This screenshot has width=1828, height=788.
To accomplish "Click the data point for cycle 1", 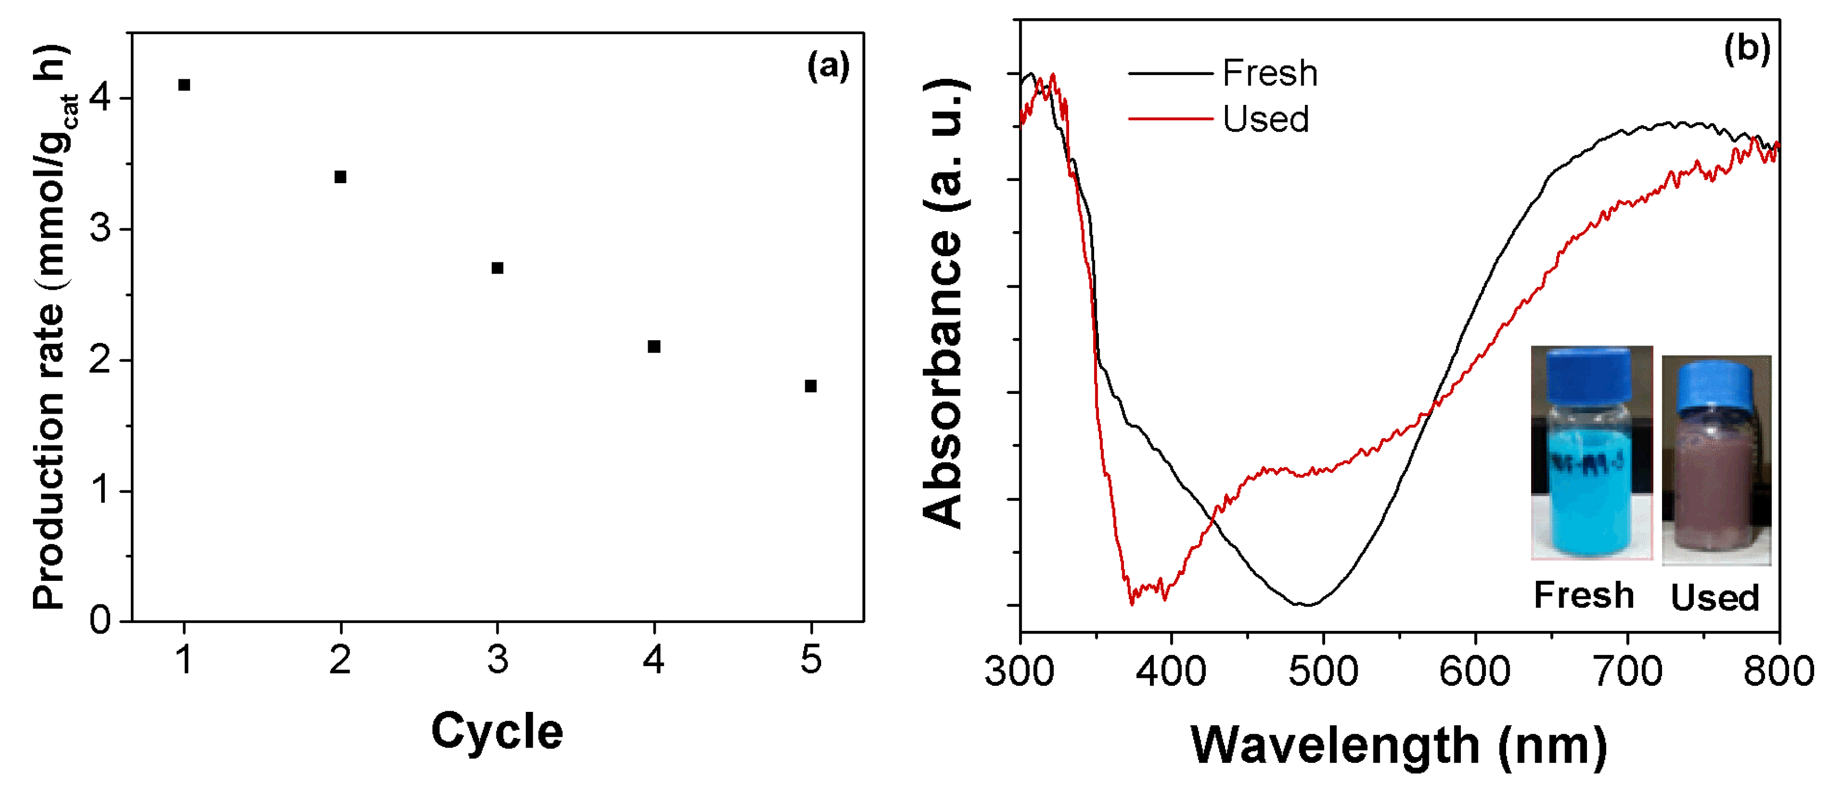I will (x=184, y=85).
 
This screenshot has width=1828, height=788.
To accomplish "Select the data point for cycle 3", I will (x=498, y=268).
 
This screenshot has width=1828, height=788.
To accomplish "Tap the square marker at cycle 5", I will (x=810, y=386).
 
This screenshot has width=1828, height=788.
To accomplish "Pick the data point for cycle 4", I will (x=654, y=347).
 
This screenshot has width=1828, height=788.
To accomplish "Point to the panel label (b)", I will (x=1747, y=50).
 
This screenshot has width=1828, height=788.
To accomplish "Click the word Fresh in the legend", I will (x=1270, y=73).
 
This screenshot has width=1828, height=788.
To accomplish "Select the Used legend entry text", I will (x=1265, y=119).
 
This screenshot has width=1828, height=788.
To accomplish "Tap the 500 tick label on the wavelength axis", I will (x=1323, y=671).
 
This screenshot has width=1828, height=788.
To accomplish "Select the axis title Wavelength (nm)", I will (x=1399, y=745).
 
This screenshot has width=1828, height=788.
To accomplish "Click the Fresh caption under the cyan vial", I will (x=1583, y=595).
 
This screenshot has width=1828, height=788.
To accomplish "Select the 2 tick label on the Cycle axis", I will (x=341, y=660).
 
